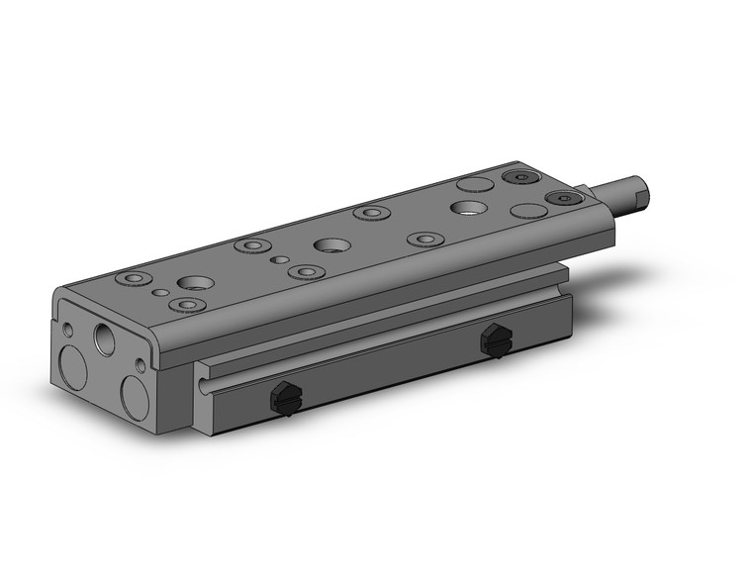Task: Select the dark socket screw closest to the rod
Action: click(563, 199)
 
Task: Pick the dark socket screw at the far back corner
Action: click(519, 177)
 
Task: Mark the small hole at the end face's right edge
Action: click(141, 366)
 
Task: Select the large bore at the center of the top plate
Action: click(329, 244)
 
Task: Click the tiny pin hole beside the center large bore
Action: click(281, 261)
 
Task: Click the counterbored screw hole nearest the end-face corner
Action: click(131, 278)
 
